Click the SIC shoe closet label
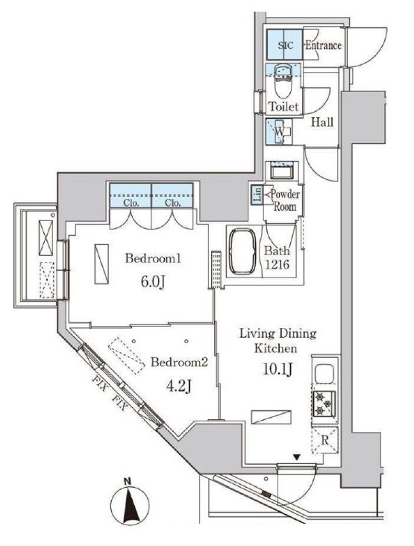[286, 45]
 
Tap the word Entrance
[323, 45]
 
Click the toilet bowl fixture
[283, 83]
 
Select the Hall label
[322, 122]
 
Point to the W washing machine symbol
[279, 131]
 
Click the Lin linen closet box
[257, 195]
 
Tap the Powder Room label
[285, 200]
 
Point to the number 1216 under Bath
[277, 265]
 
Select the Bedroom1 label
[153, 258]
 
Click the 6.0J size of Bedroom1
[153, 282]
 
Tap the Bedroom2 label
[179, 363]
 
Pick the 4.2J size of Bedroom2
[178, 386]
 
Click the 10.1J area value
[277, 368]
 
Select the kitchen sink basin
[324, 373]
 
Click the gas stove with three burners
[324, 404]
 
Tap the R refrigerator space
[324, 440]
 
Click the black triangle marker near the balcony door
[296, 457]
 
